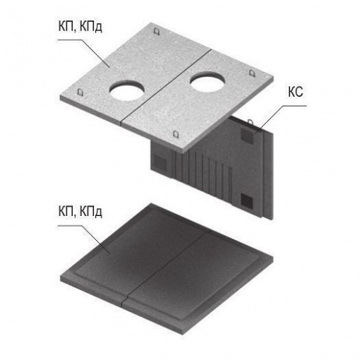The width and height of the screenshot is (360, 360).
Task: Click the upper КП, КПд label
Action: (80, 26)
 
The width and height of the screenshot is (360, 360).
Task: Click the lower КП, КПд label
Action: (80, 211)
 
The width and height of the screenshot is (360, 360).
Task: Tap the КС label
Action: (296, 92)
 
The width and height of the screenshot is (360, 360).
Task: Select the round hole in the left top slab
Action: (127, 90)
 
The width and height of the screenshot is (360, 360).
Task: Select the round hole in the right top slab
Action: (208, 82)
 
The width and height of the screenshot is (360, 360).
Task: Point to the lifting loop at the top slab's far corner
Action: (157, 32)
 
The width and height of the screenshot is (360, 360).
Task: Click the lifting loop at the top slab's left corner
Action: (80, 92)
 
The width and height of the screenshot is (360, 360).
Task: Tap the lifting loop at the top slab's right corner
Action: (252, 73)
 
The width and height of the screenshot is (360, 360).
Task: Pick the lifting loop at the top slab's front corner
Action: (176, 134)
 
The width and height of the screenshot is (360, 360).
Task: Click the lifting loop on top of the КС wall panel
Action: (251, 122)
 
